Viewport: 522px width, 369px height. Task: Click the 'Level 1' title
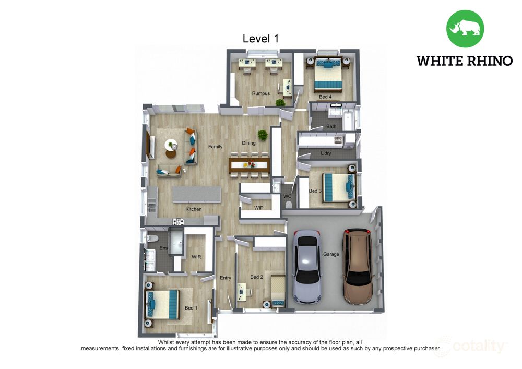(260, 39)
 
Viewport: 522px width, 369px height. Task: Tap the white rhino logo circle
(465, 28)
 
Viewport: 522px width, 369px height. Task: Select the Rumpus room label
(260, 93)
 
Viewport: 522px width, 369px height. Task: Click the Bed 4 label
(325, 97)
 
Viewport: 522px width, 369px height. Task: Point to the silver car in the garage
(307, 267)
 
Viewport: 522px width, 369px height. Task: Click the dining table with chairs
(249, 165)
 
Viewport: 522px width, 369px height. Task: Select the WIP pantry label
(259, 208)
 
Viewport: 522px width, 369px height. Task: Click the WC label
(287, 196)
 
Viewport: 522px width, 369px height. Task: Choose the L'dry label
(326, 153)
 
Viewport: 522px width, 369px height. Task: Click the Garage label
(331, 254)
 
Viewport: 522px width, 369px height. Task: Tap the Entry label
(226, 278)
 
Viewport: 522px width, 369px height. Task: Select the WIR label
(196, 257)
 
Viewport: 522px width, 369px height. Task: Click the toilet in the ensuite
(152, 238)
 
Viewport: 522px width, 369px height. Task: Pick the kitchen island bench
(197, 195)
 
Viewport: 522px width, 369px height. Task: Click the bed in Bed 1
(162, 304)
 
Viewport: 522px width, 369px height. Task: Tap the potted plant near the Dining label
(263, 135)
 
